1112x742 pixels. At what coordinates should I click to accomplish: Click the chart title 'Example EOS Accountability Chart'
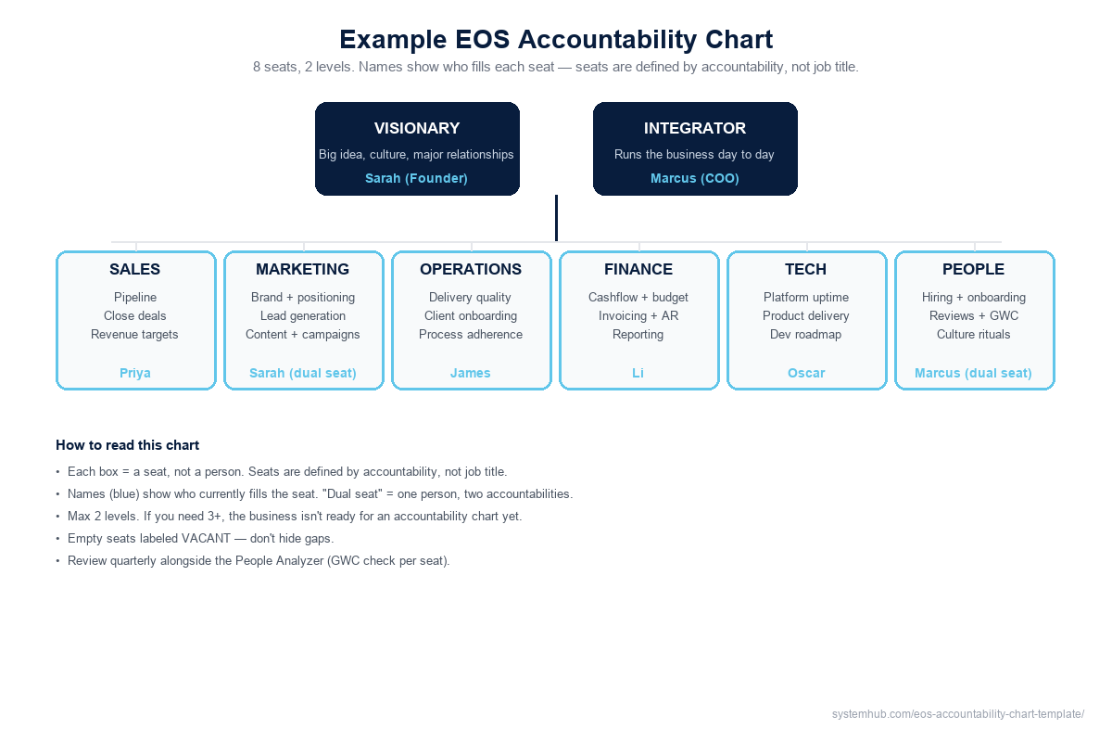(556, 40)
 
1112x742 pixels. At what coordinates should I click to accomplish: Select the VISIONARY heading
(417, 129)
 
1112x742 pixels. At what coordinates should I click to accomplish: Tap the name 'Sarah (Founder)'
(416, 178)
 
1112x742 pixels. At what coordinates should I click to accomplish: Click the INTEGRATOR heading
(695, 129)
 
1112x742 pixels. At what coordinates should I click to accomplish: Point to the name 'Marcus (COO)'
(695, 178)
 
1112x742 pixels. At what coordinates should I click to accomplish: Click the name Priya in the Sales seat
(135, 373)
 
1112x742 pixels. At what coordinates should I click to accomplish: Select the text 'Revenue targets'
(134, 334)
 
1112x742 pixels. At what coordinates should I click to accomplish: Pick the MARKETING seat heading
(302, 270)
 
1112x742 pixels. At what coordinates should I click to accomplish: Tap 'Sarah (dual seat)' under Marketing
(303, 373)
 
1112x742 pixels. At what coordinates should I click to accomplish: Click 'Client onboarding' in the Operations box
(471, 315)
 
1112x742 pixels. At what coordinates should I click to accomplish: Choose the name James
(471, 373)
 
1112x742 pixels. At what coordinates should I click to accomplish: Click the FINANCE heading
(638, 270)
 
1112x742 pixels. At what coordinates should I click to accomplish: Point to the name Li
(638, 373)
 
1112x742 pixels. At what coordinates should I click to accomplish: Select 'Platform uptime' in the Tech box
(806, 297)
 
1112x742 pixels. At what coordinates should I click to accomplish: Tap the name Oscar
(806, 373)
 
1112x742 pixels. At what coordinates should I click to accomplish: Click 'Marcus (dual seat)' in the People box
(973, 373)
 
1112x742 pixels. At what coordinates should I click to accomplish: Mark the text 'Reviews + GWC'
(974, 315)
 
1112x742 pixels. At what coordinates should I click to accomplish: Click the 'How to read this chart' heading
(128, 445)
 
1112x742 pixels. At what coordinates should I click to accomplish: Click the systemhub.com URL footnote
(958, 714)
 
